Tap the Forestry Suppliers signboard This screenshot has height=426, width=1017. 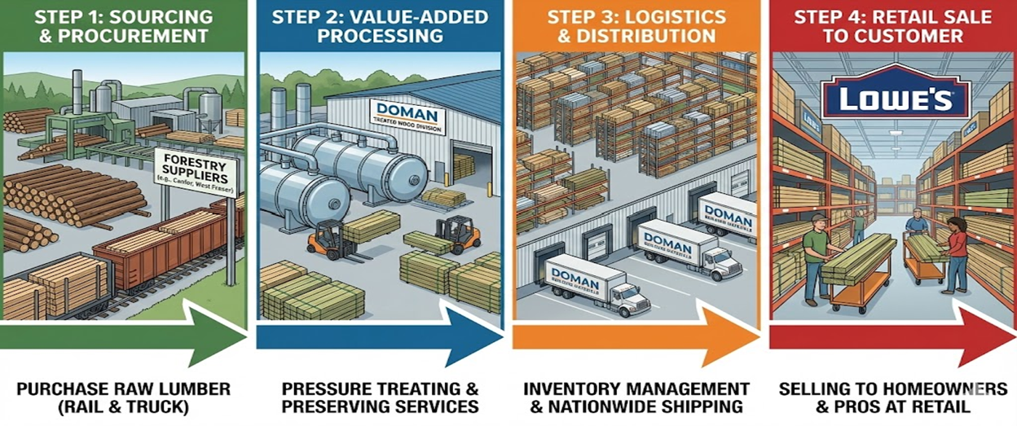pos(195,171)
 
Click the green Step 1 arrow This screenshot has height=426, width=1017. pos(122,333)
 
